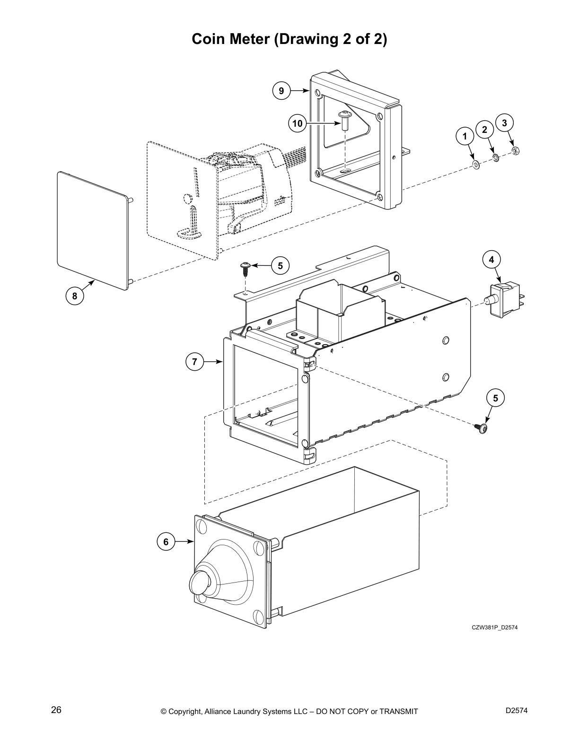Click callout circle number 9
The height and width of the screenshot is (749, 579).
(281, 90)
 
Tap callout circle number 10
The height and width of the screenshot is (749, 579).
(297, 123)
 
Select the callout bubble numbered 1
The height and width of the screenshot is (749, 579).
(465, 136)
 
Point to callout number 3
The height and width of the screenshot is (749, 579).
(504, 122)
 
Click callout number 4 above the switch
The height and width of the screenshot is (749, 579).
(491, 260)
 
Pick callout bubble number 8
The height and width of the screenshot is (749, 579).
(74, 296)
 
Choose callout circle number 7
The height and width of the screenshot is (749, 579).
(194, 362)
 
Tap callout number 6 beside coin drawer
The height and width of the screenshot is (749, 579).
(166, 542)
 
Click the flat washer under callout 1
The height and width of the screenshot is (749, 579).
(476, 164)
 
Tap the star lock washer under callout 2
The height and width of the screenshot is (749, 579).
(495, 157)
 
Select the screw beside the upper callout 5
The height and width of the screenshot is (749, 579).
(245, 269)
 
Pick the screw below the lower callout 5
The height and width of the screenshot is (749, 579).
(482, 428)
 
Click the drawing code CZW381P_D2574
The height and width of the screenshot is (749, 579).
(491, 627)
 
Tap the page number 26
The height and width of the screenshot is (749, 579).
(56, 710)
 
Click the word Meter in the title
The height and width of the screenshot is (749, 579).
(249, 39)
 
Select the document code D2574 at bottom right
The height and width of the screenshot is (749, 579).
(517, 711)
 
